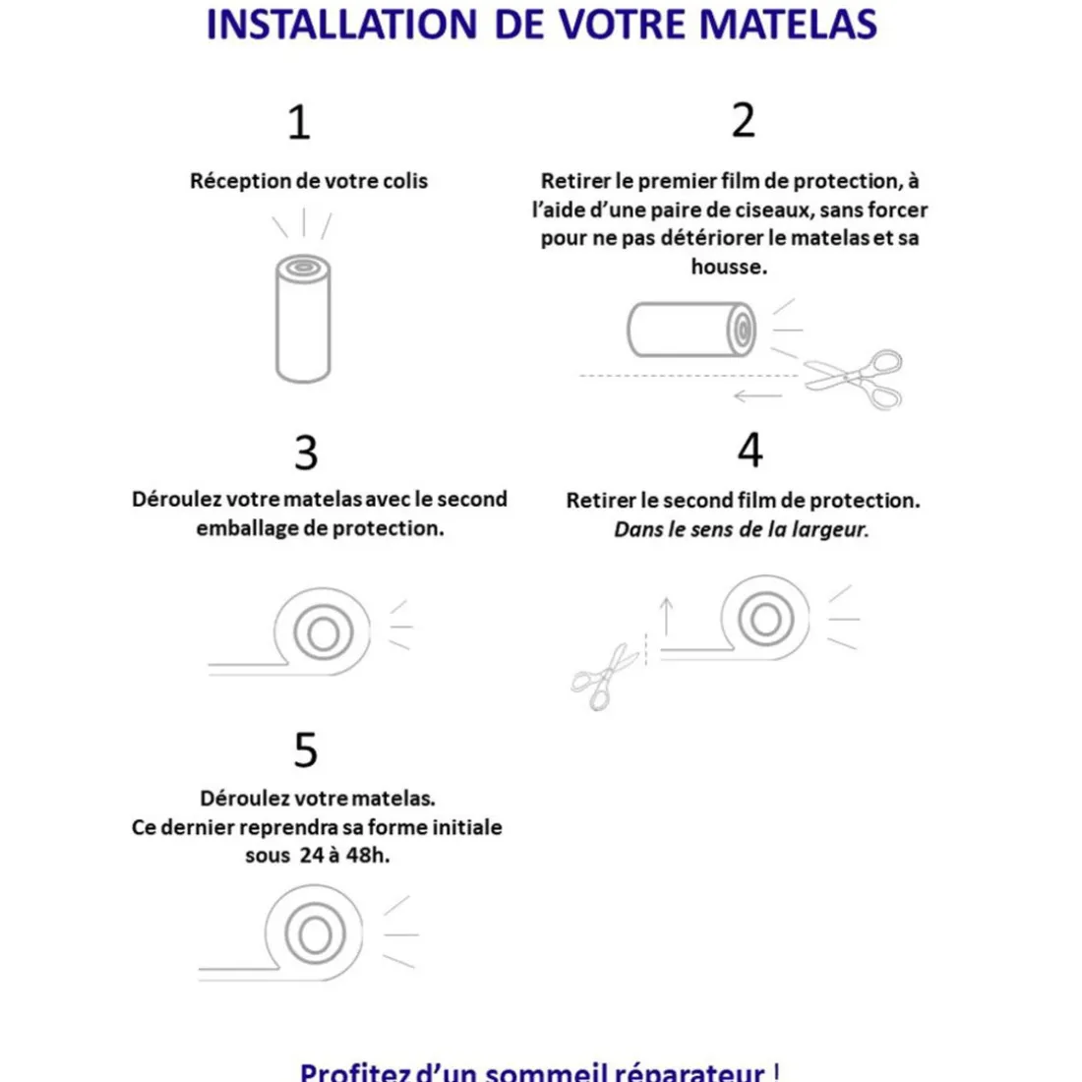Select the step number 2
744,121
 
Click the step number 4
750,451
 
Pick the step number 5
305,751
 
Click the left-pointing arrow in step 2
757,396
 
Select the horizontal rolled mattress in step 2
692,329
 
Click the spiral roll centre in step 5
315,933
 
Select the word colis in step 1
405,181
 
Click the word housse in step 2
728,267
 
